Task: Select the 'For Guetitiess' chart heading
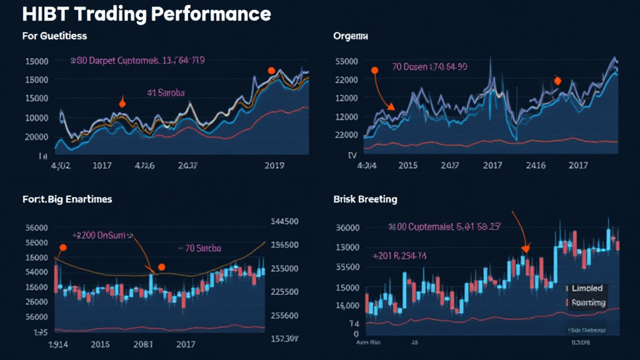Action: [54, 36]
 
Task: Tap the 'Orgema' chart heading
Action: [351, 36]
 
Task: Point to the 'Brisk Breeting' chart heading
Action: [366, 199]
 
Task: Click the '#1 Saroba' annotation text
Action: [166, 92]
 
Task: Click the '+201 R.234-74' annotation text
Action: [399, 256]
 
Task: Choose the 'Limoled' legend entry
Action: [587, 288]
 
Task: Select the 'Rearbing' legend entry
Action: [589, 302]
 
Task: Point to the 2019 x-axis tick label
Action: [274, 166]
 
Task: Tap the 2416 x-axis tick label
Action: [534, 166]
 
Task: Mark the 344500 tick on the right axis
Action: [284, 221]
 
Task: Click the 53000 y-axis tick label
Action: [346, 61]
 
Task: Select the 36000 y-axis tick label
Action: [347, 227]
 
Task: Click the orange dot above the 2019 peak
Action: [271, 71]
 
